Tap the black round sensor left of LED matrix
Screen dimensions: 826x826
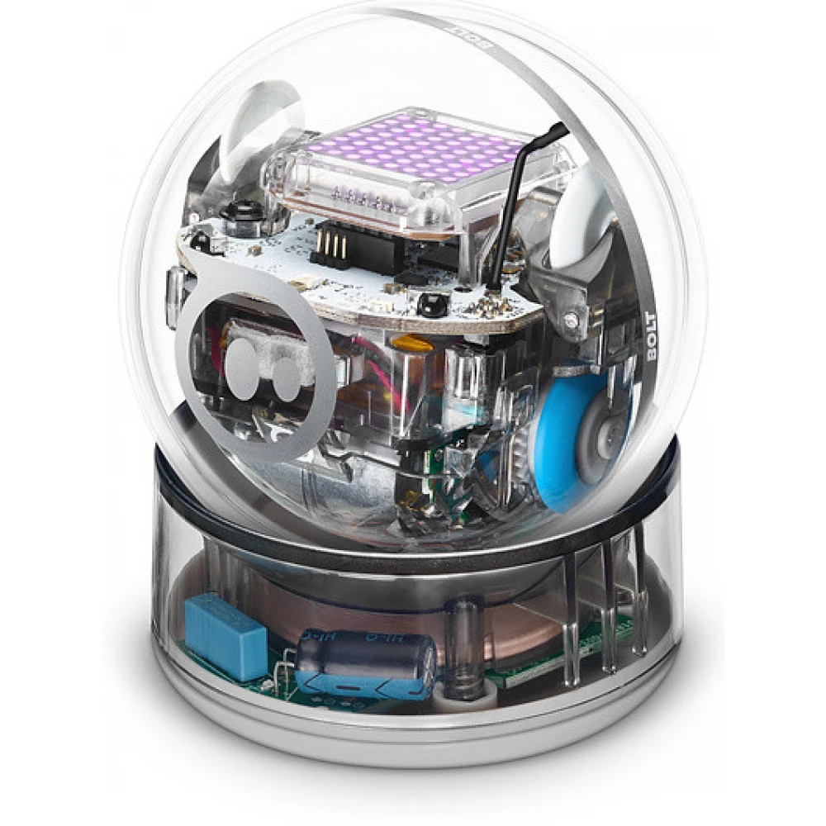[243, 210]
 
